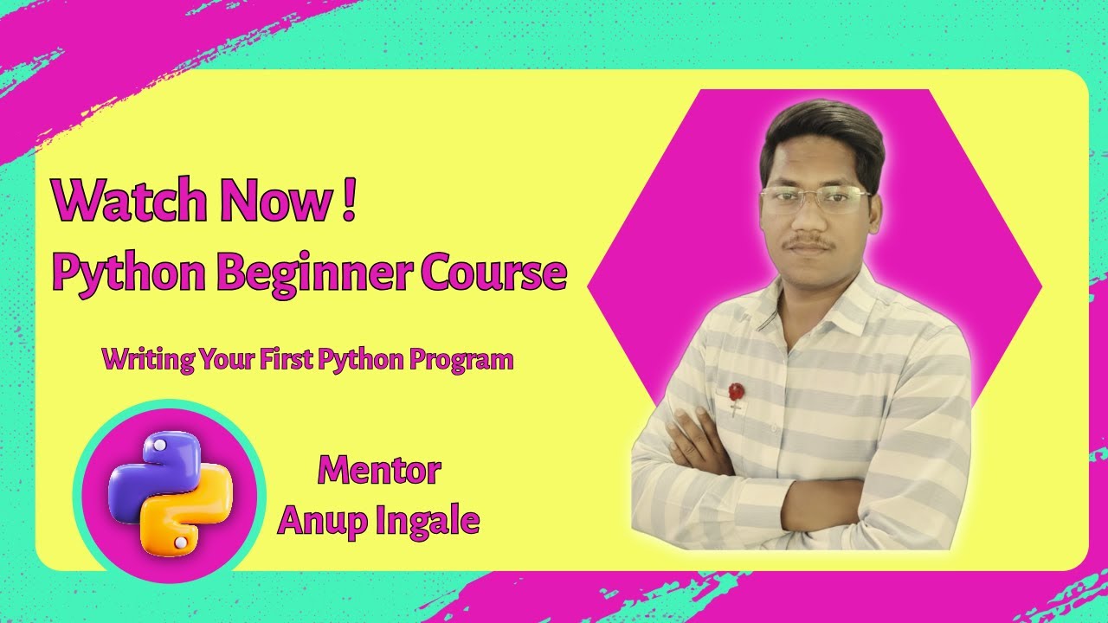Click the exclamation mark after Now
point(348,200)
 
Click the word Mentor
point(379,470)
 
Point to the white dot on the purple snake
point(158,446)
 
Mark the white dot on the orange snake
point(181,543)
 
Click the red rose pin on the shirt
point(736,393)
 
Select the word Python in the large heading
point(129,274)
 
